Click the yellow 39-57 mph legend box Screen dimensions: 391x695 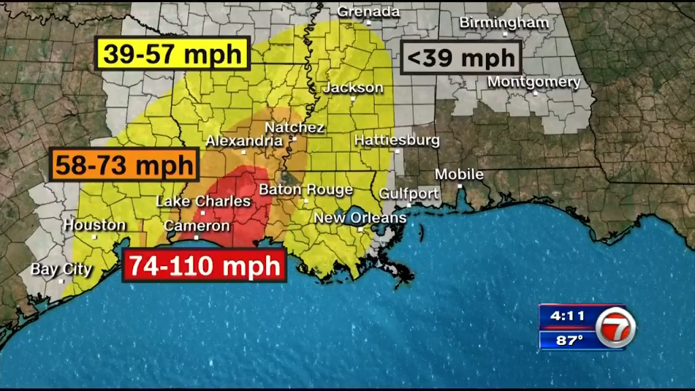click(174, 53)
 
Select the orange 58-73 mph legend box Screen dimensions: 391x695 click(124, 165)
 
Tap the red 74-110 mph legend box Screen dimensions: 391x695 click(204, 265)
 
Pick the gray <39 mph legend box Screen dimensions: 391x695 click(461, 57)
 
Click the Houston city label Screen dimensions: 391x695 click(95, 225)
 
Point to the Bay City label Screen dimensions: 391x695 click(61, 269)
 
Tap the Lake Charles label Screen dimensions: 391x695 click(204, 201)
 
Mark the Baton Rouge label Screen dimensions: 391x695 click(306, 189)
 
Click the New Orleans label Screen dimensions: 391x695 click(360, 218)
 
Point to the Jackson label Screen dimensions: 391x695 click(353, 88)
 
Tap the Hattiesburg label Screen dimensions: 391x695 click(397, 141)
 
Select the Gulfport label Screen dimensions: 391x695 click(409, 193)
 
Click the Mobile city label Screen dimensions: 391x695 click(459, 174)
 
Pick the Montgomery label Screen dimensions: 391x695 click(535, 82)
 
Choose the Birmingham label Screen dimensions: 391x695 click(504, 22)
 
